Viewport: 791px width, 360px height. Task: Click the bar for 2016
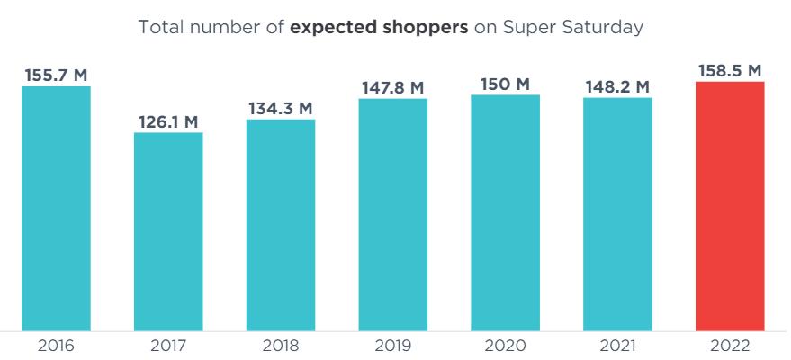coord(56,208)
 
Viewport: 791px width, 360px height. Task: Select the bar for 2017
coord(168,231)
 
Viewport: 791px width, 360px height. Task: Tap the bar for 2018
coord(281,224)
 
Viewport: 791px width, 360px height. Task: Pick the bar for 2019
coord(392,214)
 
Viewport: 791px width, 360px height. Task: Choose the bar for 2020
coord(505,211)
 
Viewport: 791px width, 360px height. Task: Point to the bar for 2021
coord(617,213)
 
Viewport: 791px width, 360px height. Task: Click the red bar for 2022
coord(730,206)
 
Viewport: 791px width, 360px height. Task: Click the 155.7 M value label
coord(56,75)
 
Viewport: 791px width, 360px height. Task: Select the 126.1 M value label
coord(168,121)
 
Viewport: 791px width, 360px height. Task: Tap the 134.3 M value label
coord(281,108)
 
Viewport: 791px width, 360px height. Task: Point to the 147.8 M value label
coord(392,87)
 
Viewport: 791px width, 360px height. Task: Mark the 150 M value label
coord(505,84)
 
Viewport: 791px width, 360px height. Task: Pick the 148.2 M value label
coord(617,86)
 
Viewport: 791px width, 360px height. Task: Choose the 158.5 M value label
coord(730,70)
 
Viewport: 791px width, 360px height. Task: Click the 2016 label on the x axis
coord(56,346)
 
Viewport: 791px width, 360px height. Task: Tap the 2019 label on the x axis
coord(392,346)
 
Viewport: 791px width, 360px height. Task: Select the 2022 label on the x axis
coord(730,346)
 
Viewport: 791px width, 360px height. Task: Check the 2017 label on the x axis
coord(168,346)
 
